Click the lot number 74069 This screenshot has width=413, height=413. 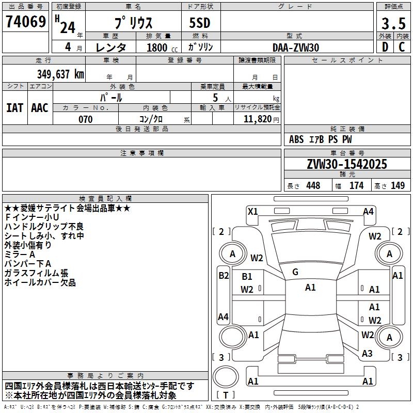pyautogui.click(x=26, y=22)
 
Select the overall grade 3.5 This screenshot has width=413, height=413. pyautogui.click(x=393, y=24)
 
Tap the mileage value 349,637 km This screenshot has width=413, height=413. pyautogui.click(x=60, y=74)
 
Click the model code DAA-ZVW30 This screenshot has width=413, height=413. pyautogui.click(x=296, y=47)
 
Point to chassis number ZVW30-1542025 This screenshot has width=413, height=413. pyautogui.click(x=347, y=164)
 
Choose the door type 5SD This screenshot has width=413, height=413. pyautogui.click(x=200, y=23)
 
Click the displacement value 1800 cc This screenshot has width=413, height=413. pyautogui.click(x=162, y=47)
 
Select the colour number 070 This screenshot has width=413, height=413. pyautogui.click(x=86, y=119)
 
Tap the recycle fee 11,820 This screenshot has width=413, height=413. pyautogui.click(x=258, y=119)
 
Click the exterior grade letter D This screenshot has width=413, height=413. pyautogui.click(x=385, y=47)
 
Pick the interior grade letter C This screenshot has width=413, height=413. pyautogui.click(x=402, y=47)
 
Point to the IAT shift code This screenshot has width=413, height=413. pyautogui.click(x=15, y=108)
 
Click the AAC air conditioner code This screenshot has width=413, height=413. pyautogui.click(x=40, y=108)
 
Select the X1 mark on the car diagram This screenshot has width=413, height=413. pyautogui.click(x=253, y=211)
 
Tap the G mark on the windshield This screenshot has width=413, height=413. pyautogui.click(x=295, y=272)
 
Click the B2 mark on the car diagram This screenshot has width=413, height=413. pyautogui.click(x=224, y=276)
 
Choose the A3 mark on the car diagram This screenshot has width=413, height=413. pyautogui.click(x=367, y=353)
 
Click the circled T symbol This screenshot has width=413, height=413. pyautogui.click(x=226, y=377)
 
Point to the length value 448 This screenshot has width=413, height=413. pyautogui.click(x=313, y=185)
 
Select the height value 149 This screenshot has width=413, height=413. pyautogui.click(x=398, y=185)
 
